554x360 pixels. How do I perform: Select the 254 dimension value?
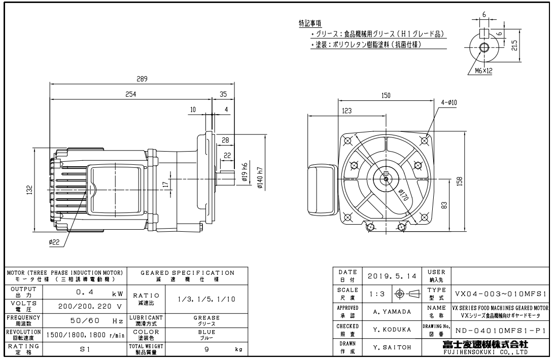pos(130,95)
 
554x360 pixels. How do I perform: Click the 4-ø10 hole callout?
pos(449,102)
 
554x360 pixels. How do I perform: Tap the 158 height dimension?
pos(460,181)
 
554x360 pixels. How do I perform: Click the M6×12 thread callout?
pos(483,71)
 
